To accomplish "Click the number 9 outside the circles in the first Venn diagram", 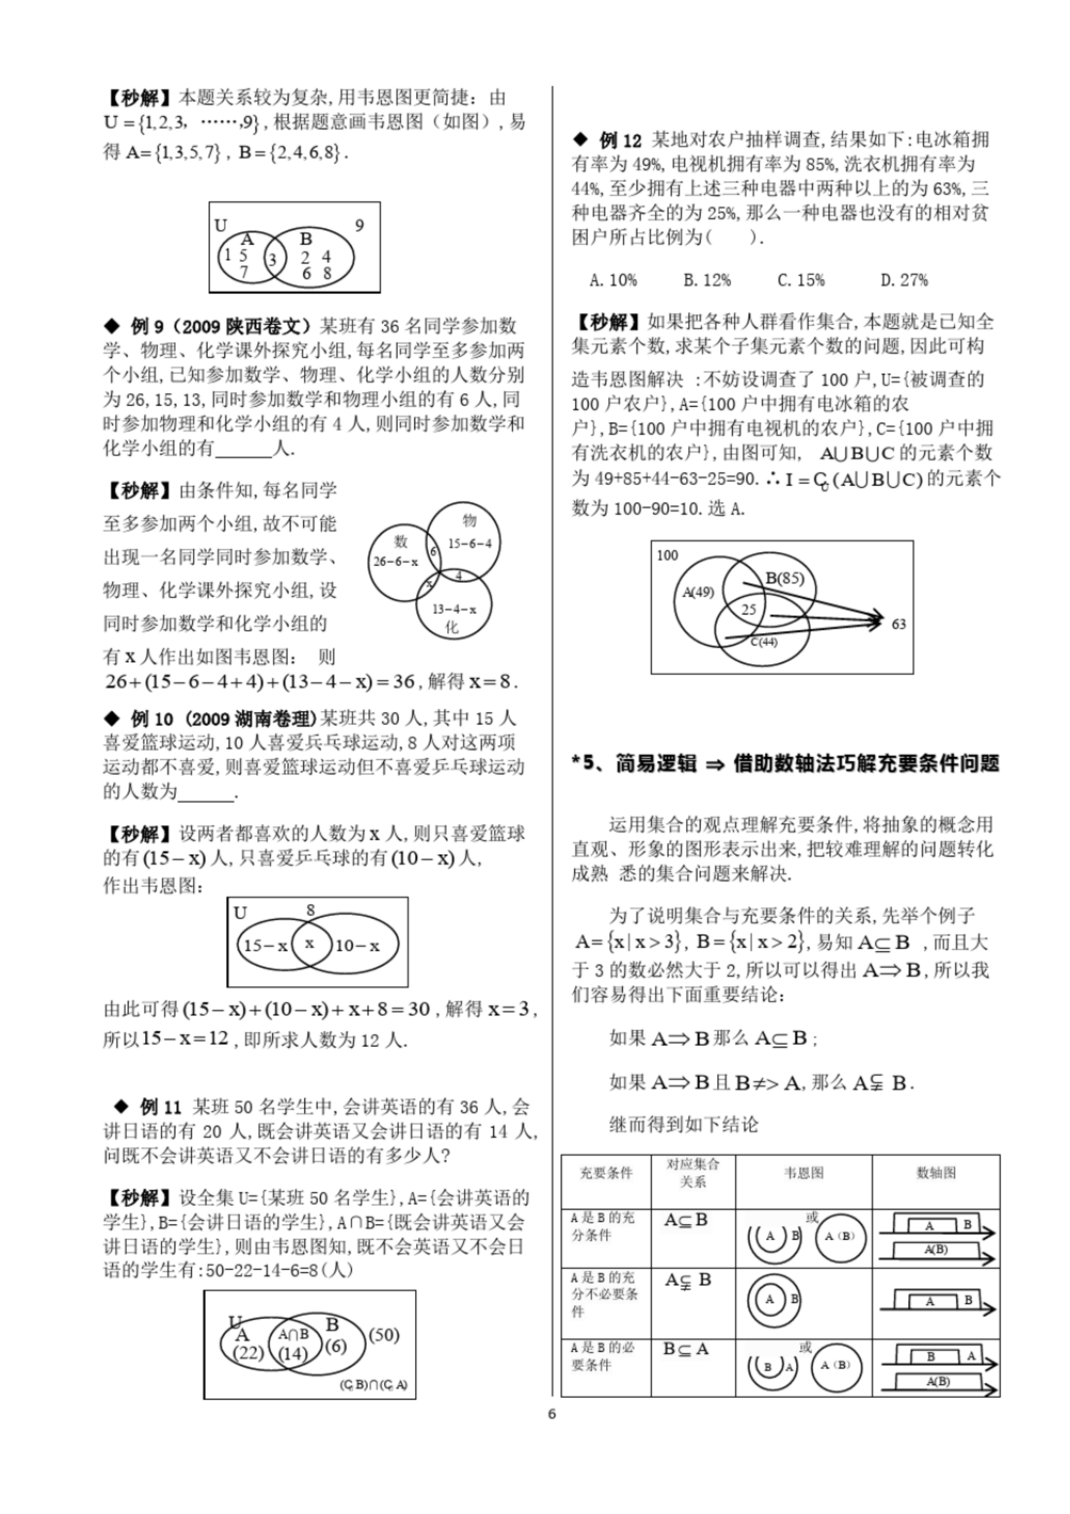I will click(359, 225).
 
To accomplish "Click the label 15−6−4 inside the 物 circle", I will click(469, 543).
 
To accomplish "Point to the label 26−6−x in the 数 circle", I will click(395, 562).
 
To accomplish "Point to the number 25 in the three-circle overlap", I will click(748, 609).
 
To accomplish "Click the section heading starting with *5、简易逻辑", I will click(785, 763).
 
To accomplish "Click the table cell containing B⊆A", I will click(685, 1349).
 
